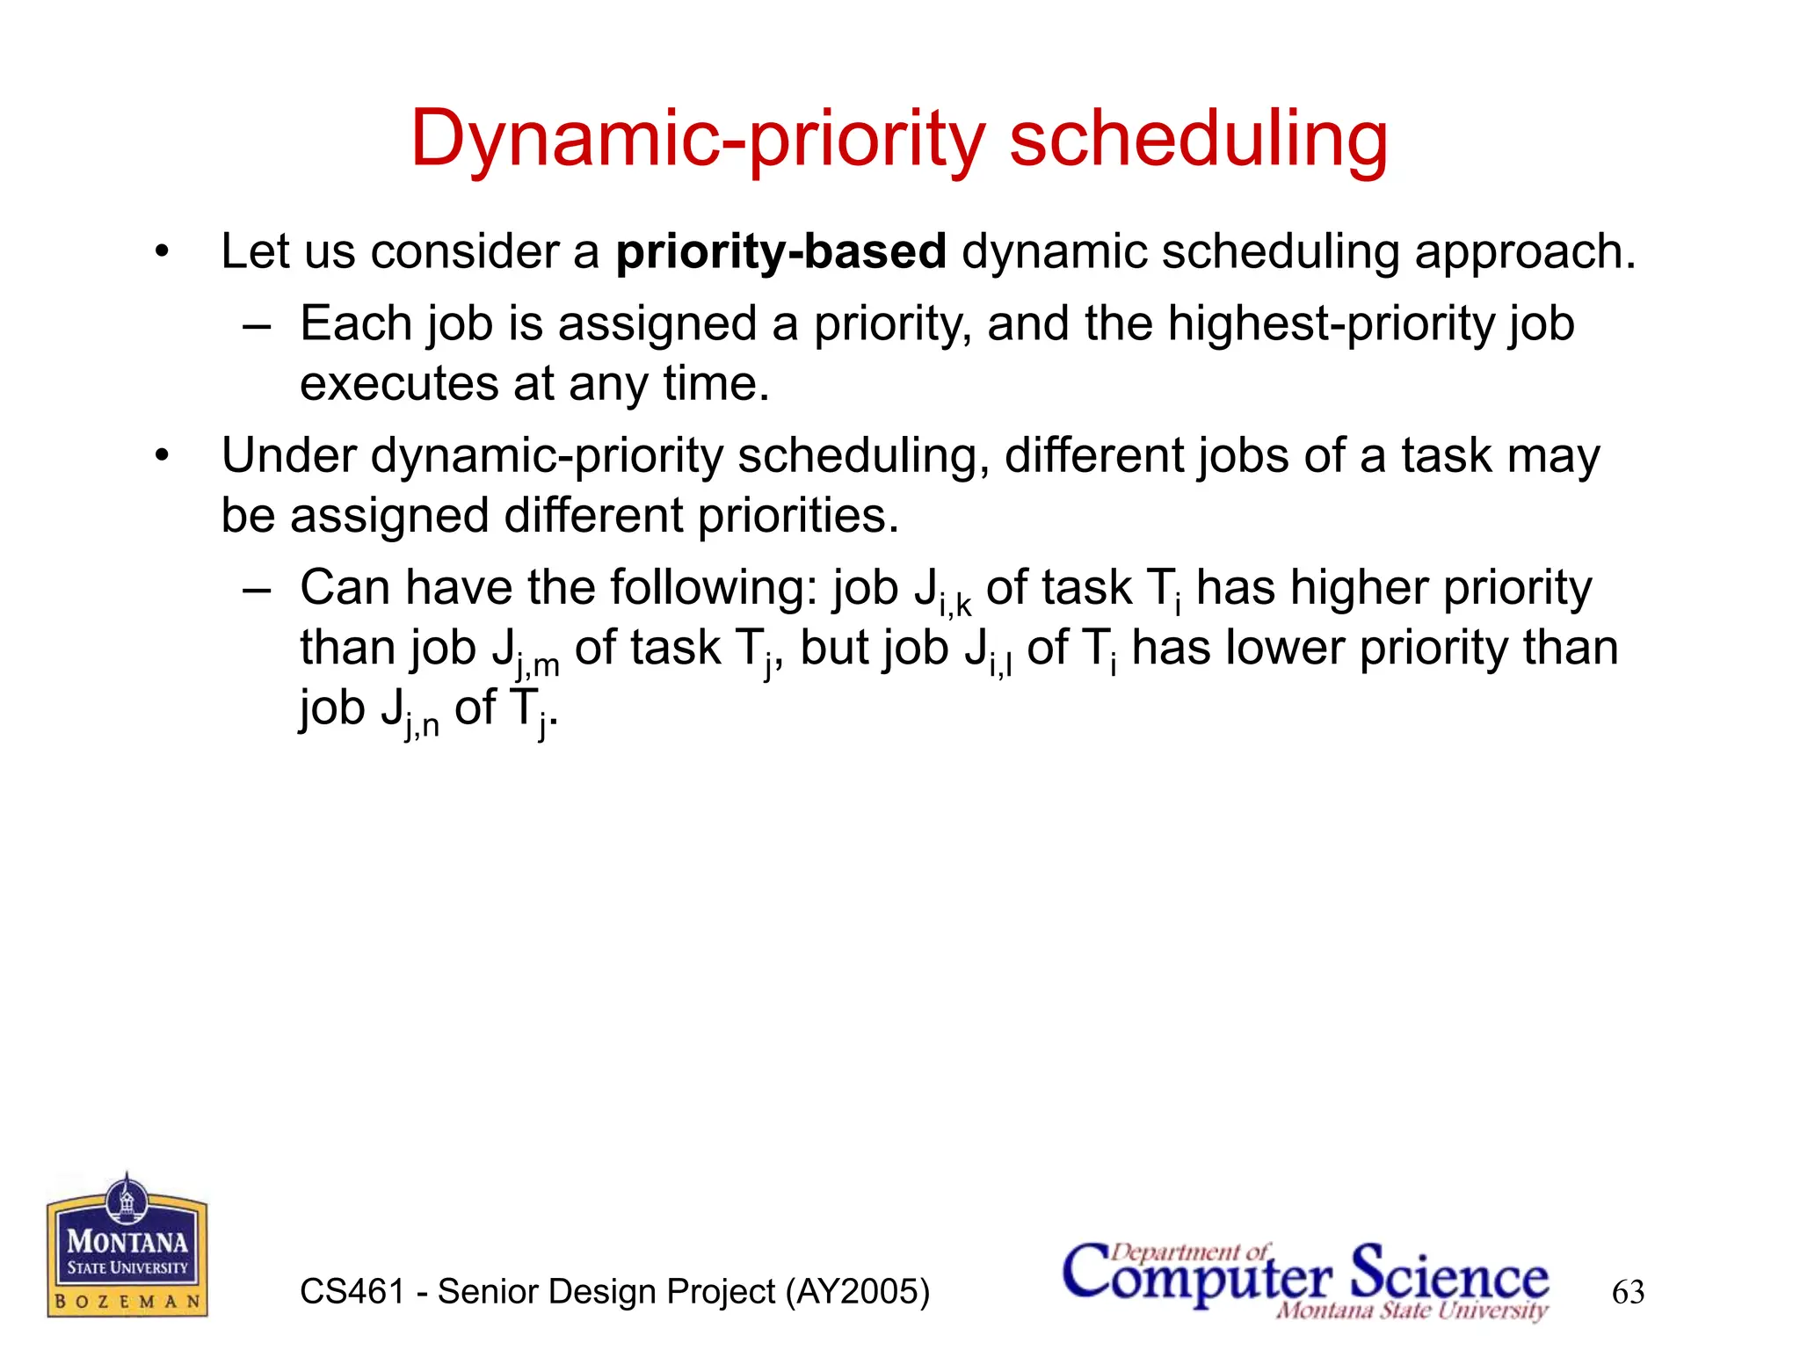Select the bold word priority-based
[780, 252]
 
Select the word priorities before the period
[797, 516]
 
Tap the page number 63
[1628, 1292]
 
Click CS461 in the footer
[352, 1292]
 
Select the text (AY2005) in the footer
[857, 1292]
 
